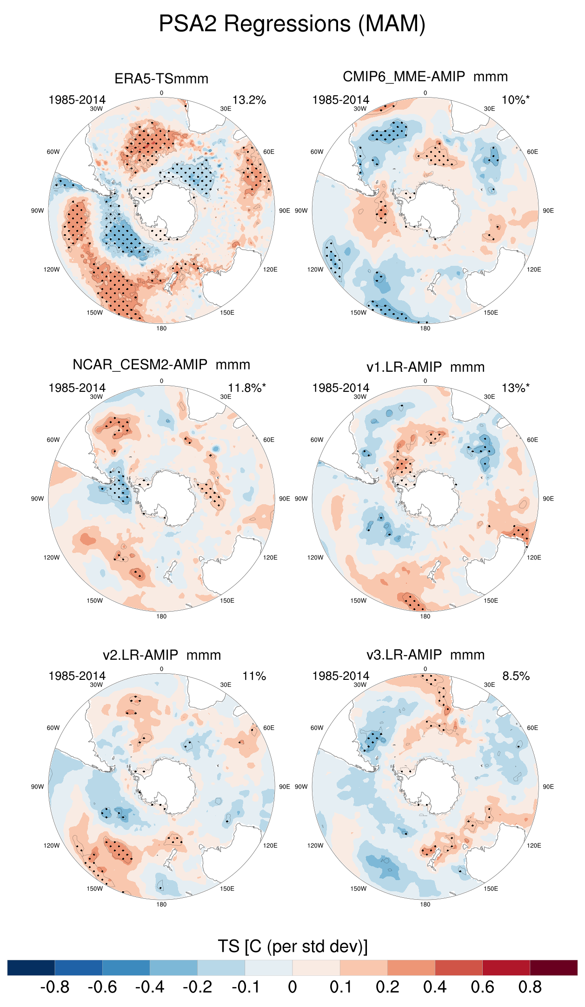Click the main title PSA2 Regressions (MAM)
point(292,24)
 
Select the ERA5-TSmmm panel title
point(161,79)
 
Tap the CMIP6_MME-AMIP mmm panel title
point(425,77)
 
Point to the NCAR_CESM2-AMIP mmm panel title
point(161,365)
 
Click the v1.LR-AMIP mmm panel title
point(425,367)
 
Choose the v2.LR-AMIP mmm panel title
point(161,655)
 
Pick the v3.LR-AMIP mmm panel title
point(425,655)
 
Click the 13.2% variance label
point(249,100)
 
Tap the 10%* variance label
point(515,100)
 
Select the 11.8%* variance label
point(246,388)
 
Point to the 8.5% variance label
point(516,676)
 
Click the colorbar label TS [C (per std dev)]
point(292,946)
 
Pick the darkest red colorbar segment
point(553,968)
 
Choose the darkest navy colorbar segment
point(31,968)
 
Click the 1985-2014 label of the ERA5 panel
point(77,100)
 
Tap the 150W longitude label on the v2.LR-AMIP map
point(94,889)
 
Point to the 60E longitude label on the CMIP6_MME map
point(532,152)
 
